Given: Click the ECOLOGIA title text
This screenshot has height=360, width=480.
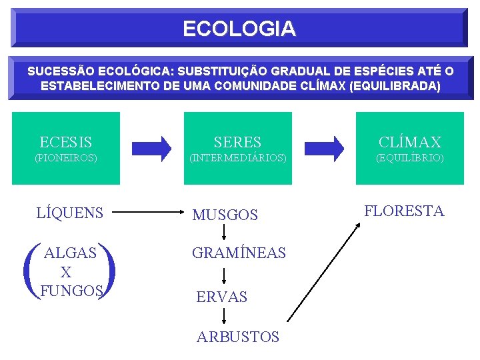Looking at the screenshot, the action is (x=239, y=29).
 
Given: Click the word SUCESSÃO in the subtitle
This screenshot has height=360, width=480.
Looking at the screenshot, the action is (x=60, y=71).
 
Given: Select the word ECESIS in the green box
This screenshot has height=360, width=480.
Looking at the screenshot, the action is (x=66, y=142).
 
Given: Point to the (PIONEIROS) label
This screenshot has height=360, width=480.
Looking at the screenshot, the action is (x=66, y=158).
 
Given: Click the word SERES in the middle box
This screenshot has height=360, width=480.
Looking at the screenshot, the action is (x=237, y=142).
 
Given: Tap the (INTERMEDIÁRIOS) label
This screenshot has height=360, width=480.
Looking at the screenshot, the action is (x=238, y=158).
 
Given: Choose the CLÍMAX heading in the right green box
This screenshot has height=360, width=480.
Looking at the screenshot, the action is (x=409, y=142).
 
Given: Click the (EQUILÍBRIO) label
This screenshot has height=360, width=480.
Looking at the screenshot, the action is (x=409, y=158).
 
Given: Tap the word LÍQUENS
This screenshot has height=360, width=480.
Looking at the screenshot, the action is (x=70, y=213).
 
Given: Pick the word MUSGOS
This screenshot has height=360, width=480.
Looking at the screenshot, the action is (x=225, y=215).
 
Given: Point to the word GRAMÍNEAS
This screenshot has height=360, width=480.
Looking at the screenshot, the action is (x=239, y=253).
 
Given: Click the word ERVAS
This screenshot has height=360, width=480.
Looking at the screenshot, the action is (x=221, y=297).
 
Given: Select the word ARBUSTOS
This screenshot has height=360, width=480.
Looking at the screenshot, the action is (x=238, y=337).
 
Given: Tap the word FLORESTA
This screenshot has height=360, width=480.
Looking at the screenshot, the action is (x=404, y=211).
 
